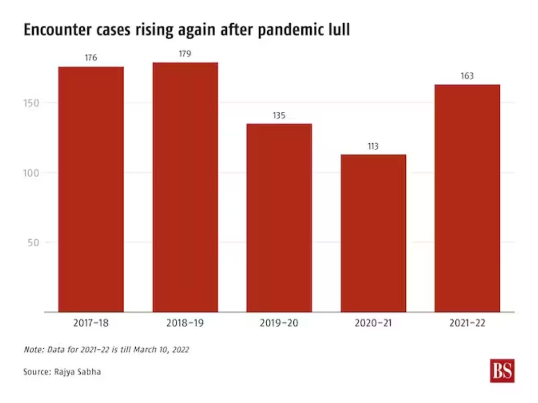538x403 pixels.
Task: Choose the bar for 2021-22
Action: pyautogui.click(x=467, y=198)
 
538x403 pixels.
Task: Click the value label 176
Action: pyautogui.click(x=91, y=58)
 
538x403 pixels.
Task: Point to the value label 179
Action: pyautogui.click(x=185, y=54)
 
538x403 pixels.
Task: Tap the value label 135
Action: pyautogui.click(x=279, y=116)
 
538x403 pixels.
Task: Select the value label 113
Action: pyautogui.click(x=373, y=146)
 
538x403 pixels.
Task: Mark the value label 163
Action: pyautogui.click(x=467, y=76)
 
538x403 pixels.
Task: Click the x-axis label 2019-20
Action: pyautogui.click(x=279, y=323)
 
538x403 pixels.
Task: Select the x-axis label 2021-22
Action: pyautogui.click(x=467, y=323)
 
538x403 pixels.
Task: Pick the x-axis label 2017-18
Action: pyautogui.click(x=91, y=323)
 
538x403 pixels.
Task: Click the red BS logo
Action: pyautogui.click(x=502, y=370)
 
